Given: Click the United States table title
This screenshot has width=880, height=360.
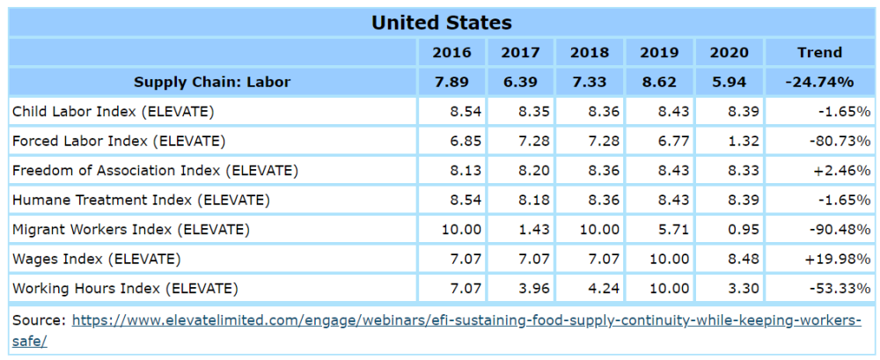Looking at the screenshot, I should (x=441, y=22).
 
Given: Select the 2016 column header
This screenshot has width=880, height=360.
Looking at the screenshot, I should (x=451, y=52).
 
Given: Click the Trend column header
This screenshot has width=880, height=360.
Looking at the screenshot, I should (x=818, y=52).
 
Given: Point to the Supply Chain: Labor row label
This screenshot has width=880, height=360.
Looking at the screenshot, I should (x=212, y=82).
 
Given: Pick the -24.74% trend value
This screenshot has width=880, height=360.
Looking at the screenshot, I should (x=818, y=82).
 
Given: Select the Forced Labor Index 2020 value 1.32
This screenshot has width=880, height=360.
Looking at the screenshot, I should (x=732, y=141).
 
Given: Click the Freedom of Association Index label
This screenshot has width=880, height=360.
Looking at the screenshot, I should (x=155, y=171).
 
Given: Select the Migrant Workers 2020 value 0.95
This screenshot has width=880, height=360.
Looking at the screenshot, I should (x=732, y=230).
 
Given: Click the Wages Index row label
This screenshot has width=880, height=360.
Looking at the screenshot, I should (x=96, y=259).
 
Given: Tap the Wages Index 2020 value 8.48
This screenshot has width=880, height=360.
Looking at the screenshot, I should (x=732, y=259).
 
